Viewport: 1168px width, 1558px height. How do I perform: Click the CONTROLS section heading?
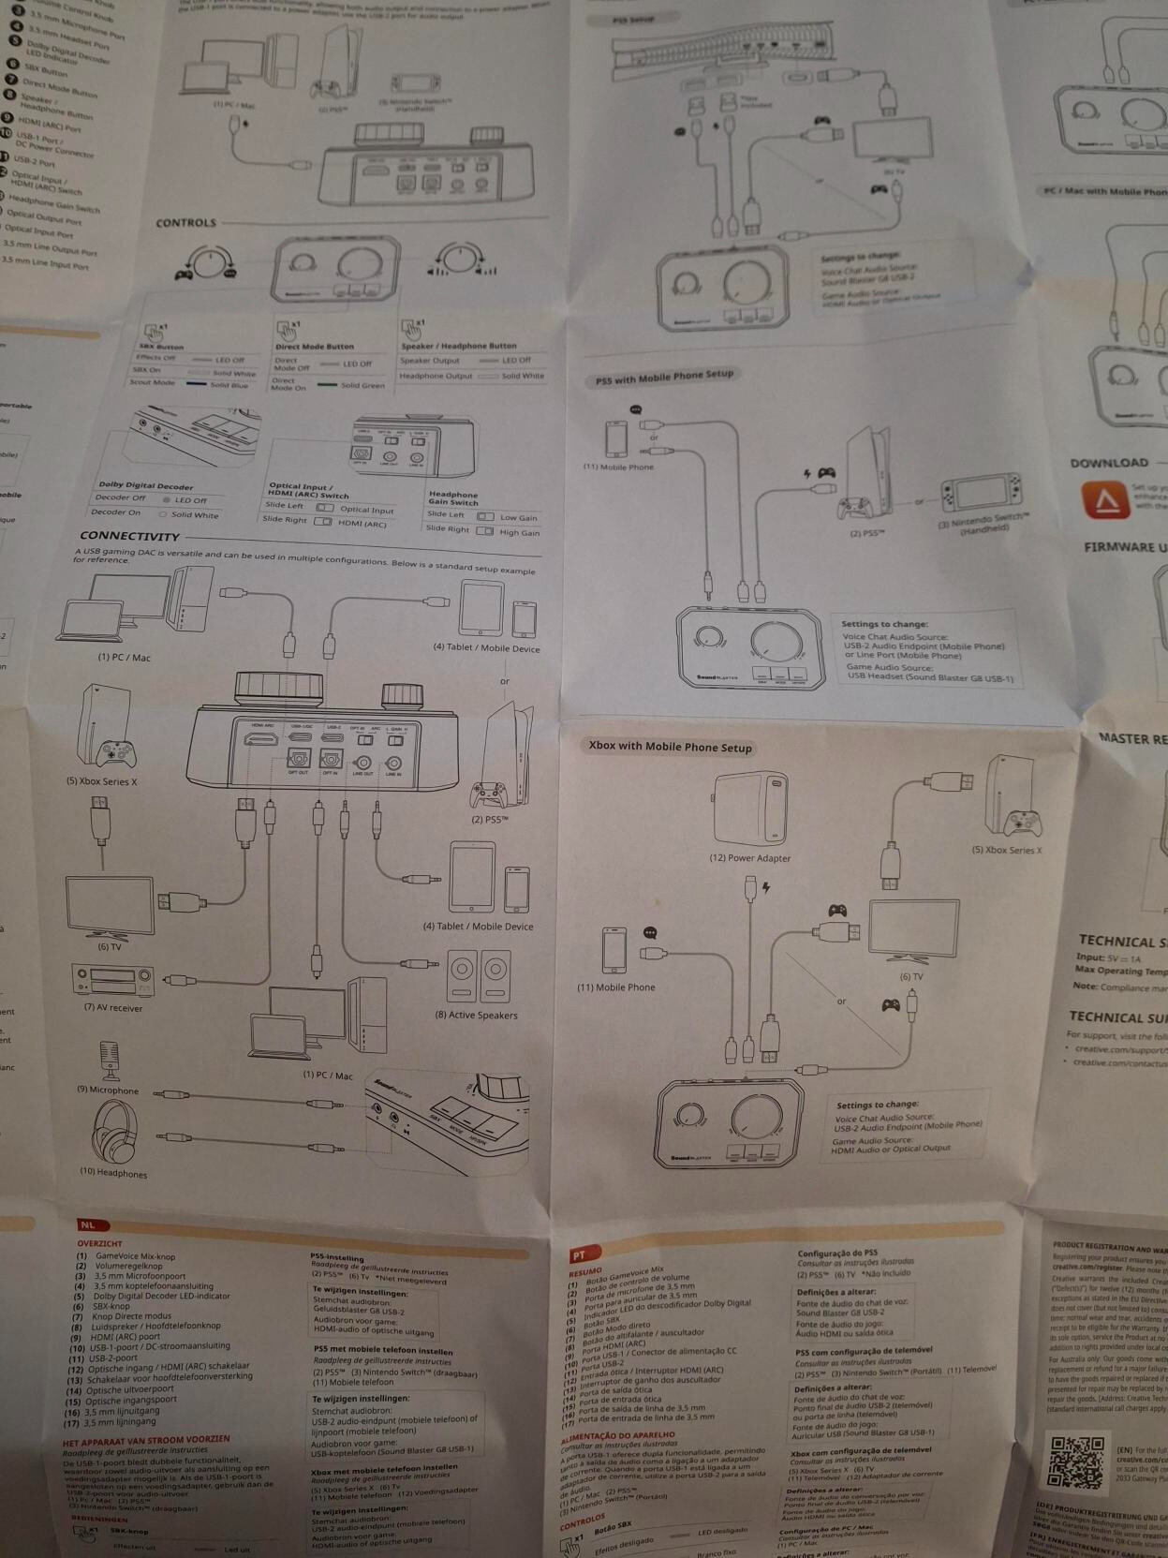[185, 223]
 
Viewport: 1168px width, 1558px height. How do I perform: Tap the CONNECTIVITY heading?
[129, 536]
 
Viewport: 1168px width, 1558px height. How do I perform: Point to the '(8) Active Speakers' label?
[476, 1015]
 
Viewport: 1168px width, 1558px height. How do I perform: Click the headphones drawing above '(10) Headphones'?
[114, 1132]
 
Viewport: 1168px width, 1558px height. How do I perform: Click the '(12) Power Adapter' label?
[749, 857]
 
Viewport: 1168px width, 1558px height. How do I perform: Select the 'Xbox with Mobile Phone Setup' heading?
[670, 747]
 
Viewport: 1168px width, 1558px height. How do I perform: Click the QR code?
[1077, 1462]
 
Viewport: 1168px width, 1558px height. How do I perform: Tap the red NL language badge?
[87, 1224]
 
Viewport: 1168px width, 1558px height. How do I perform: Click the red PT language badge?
[578, 1254]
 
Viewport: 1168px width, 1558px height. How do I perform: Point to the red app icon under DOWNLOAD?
[1101, 499]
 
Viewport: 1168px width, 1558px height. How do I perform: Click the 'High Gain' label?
[519, 532]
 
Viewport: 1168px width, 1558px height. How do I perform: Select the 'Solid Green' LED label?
[362, 385]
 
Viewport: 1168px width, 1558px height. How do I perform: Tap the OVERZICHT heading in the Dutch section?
[99, 1243]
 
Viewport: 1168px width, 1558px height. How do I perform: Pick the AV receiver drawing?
[112, 981]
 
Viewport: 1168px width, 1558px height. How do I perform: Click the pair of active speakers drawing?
[478, 976]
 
